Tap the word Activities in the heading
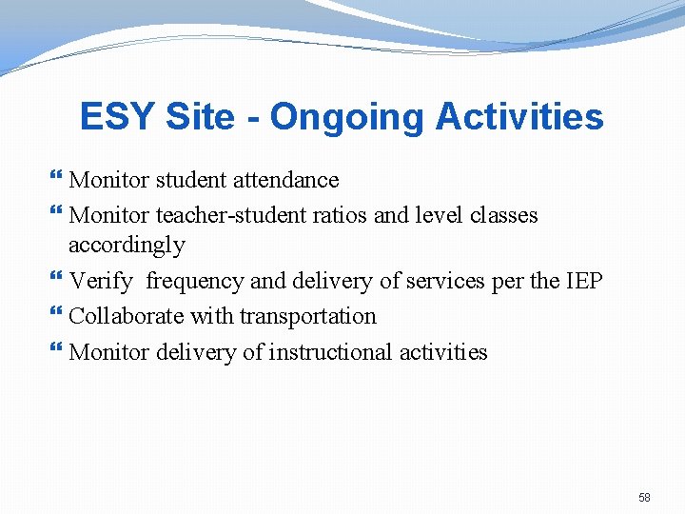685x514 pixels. coord(519,117)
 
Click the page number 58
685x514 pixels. coord(644,498)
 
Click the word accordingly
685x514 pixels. coord(127,246)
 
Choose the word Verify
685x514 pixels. coord(101,281)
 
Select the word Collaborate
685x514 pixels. coord(127,316)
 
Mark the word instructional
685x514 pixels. coord(330,352)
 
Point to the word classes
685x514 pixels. coord(503,215)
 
